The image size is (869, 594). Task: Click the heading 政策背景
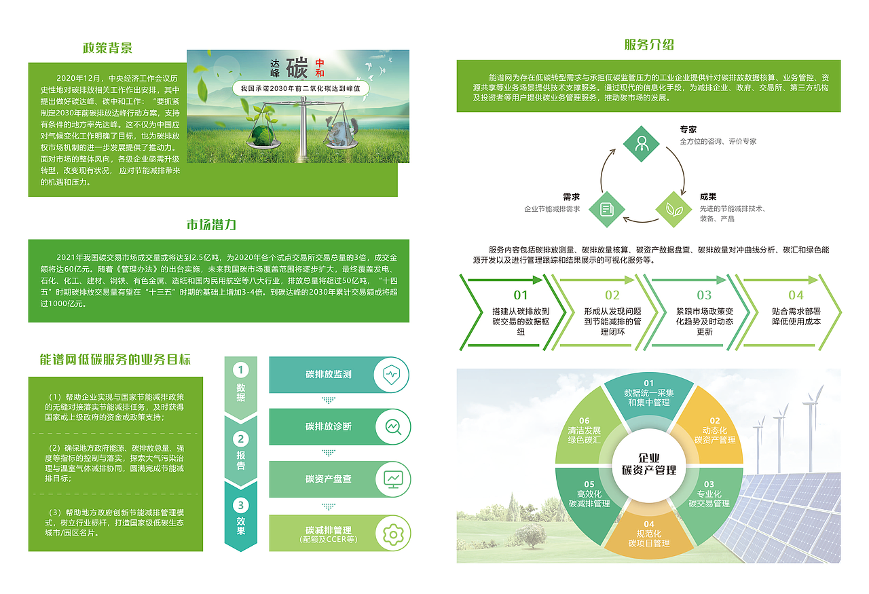click(x=107, y=48)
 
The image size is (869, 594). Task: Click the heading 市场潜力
click(x=211, y=225)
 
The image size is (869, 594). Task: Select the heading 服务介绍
click(x=649, y=45)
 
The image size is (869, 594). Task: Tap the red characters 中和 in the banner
click(x=320, y=68)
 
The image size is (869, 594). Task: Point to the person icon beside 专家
click(x=642, y=144)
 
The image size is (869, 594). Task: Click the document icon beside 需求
click(x=607, y=210)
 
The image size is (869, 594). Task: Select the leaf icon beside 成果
click(x=674, y=210)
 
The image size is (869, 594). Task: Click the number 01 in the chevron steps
click(x=521, y=295)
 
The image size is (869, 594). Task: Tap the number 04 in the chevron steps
click(x=796, y=295)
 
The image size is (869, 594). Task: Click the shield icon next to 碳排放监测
click(x=392, y=375)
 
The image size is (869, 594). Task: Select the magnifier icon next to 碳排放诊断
click(x=393, y=427)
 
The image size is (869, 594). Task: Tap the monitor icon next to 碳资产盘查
click(x=393, y=479)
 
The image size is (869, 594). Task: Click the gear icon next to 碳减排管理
click(x=393, y=535)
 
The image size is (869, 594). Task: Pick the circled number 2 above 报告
click(x=240, y=439)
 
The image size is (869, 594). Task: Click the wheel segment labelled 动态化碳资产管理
click(x=712, y=430)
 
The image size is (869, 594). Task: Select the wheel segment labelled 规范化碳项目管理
click(x=649, y=532)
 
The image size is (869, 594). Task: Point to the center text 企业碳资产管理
click(x=649, y=464)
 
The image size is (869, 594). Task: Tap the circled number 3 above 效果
click(x=240, y=505)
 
